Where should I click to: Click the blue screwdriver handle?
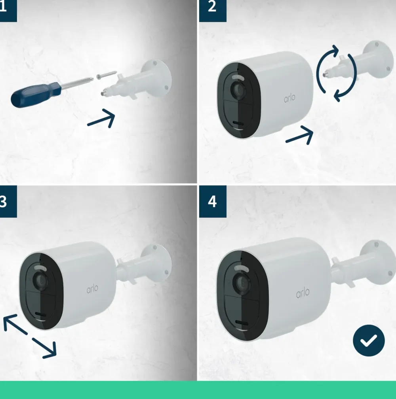coord(36,95)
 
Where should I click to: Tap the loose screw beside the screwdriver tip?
coord(107,75)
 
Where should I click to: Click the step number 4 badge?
coord(213,201)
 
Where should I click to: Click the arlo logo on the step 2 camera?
coord(290,98)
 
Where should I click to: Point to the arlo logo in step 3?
coord(92,289)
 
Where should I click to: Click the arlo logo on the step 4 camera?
coord(303,292)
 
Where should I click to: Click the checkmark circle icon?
coord(369,340)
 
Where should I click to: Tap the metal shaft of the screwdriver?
coord(76,83)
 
